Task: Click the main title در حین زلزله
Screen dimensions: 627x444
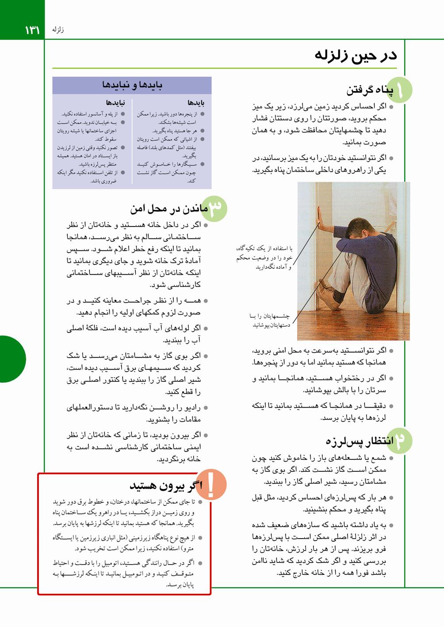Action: click(356, 55)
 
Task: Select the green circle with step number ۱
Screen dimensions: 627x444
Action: click(401, 90)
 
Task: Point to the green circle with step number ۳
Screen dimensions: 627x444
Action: click(215, 208)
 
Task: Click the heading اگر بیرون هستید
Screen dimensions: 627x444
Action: click(162, 486)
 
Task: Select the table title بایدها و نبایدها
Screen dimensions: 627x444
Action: click(132, 85)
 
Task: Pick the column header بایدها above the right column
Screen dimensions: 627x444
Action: click(195, 103)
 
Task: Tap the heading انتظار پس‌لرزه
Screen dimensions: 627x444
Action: click(360, 441)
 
